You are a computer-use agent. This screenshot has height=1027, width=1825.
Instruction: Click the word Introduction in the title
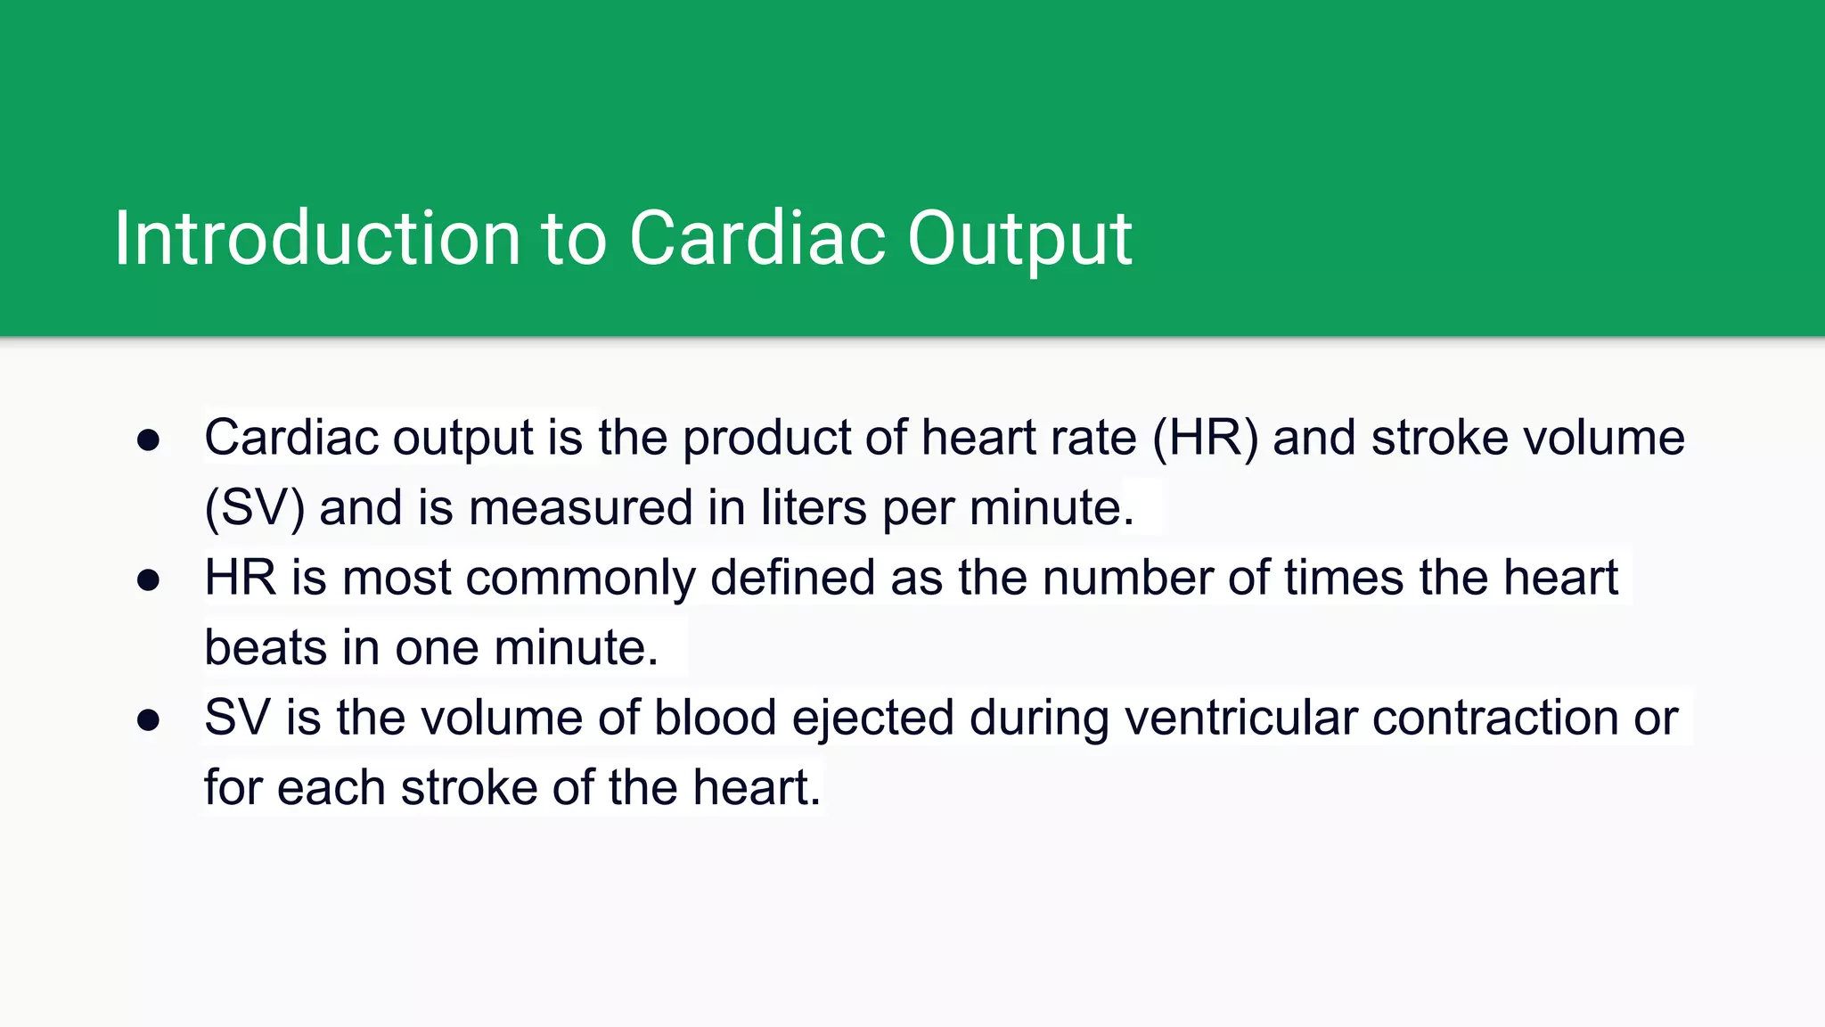tap(316, 238)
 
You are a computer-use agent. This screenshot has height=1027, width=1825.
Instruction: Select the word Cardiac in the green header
tap(757, 238)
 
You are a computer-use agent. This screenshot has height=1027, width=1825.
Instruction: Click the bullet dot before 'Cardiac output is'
tap(148, 440)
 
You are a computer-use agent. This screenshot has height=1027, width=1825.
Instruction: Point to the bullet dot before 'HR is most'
tap(148, 579)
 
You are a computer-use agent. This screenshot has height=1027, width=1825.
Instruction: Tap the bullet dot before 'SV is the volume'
tap(148, 719)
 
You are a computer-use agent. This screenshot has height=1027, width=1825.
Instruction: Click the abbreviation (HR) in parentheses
tap(1205, 438)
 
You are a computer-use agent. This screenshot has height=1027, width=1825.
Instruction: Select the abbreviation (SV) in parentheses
tap(254, 508)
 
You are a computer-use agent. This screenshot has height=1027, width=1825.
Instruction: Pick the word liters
tap(813, 508)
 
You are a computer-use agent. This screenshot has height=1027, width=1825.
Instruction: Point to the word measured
tap(580, 508)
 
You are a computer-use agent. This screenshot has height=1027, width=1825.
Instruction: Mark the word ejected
tap(872, 718)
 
